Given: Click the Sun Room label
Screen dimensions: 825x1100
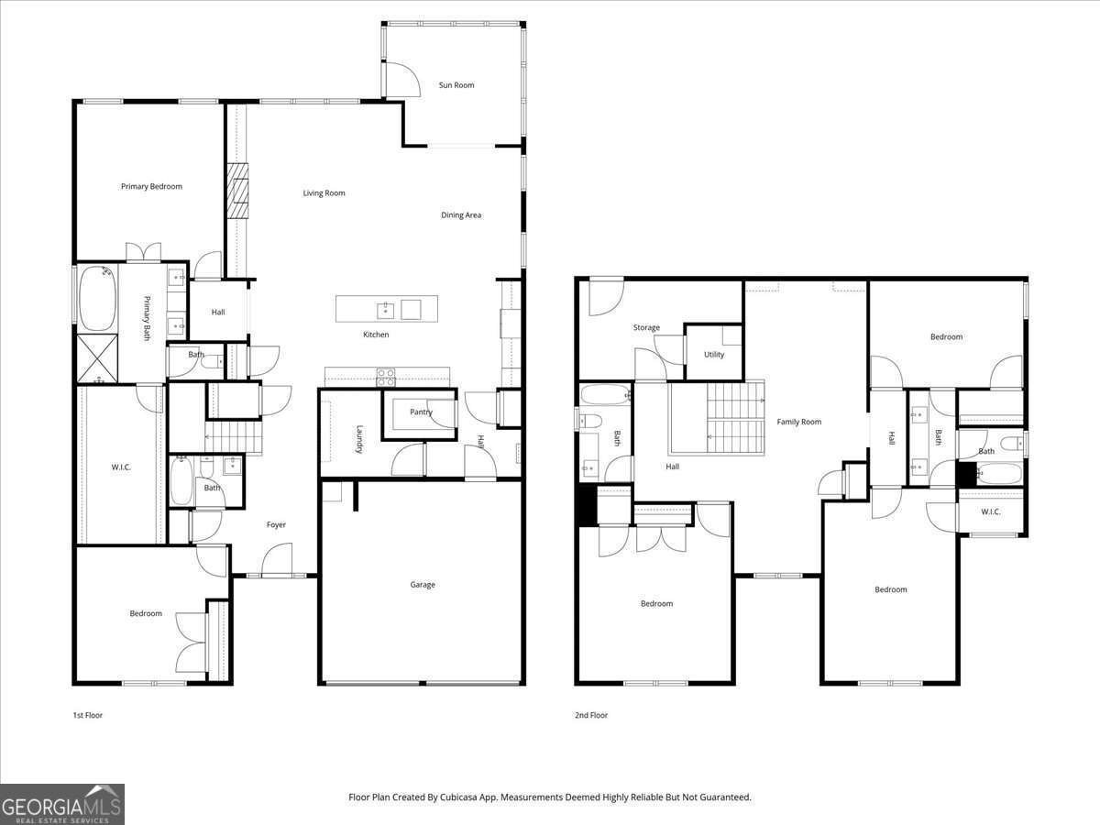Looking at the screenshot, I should click(x=456, y=85).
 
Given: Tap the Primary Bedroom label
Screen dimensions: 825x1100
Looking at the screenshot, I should click(x=151, y=186).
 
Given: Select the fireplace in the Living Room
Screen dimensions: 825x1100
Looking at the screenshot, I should click(x=238, y=192).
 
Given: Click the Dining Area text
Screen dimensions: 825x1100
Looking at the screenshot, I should click(x=461, y=215).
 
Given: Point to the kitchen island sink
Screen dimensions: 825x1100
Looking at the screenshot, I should click(x=385, y=309).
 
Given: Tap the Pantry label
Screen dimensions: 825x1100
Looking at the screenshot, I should click(x=421, y=412).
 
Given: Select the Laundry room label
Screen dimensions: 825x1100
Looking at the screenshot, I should click(x=360, y=438).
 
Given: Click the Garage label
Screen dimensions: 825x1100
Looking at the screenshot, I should click(x=423, y=585).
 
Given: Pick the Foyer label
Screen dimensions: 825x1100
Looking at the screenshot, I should click(x=276, y=525).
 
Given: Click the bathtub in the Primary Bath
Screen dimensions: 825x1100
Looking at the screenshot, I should click(x=97, y=298).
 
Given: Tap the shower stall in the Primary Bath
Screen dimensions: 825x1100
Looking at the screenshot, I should click(x=97, y=358).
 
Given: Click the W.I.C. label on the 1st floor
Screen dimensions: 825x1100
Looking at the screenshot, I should click(x=121, y=467).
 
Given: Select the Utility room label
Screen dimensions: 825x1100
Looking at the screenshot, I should click(x=714, y=355).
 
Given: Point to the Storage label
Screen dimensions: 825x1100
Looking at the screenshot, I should click(x=646, y=328).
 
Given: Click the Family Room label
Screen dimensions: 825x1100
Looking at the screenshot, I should click(x=799, y=422).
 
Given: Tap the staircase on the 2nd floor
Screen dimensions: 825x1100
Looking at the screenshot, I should click(x=724, y=418).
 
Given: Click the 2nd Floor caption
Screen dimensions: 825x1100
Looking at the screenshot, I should click(x=591, y=715).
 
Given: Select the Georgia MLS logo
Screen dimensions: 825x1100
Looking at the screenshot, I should click(x=62, y=804).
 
